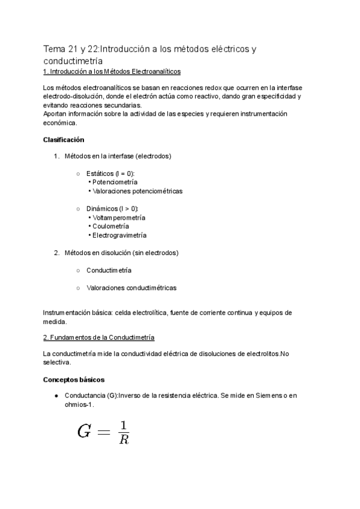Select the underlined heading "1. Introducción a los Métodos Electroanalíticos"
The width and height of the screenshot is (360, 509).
(x=112, y=71)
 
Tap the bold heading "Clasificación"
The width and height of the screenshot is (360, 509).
(x=64, y=140)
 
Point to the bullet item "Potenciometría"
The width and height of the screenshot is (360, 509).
(x=115, y=182)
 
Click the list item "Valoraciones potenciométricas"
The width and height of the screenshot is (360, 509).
(x=137, y=191)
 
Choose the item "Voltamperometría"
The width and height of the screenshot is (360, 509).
(x=118, y=217)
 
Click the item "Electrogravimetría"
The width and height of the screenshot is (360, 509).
(x=119, y=235)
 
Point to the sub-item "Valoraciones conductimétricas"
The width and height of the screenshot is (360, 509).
(x=131, y=288)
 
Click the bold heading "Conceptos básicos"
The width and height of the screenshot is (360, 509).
(x=74, y=380)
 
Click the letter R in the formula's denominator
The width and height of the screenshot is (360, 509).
(x=124, y=439)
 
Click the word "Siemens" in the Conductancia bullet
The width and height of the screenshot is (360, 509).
(x=253, y=396)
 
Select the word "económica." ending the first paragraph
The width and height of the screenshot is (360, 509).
(x=60, y=122)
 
